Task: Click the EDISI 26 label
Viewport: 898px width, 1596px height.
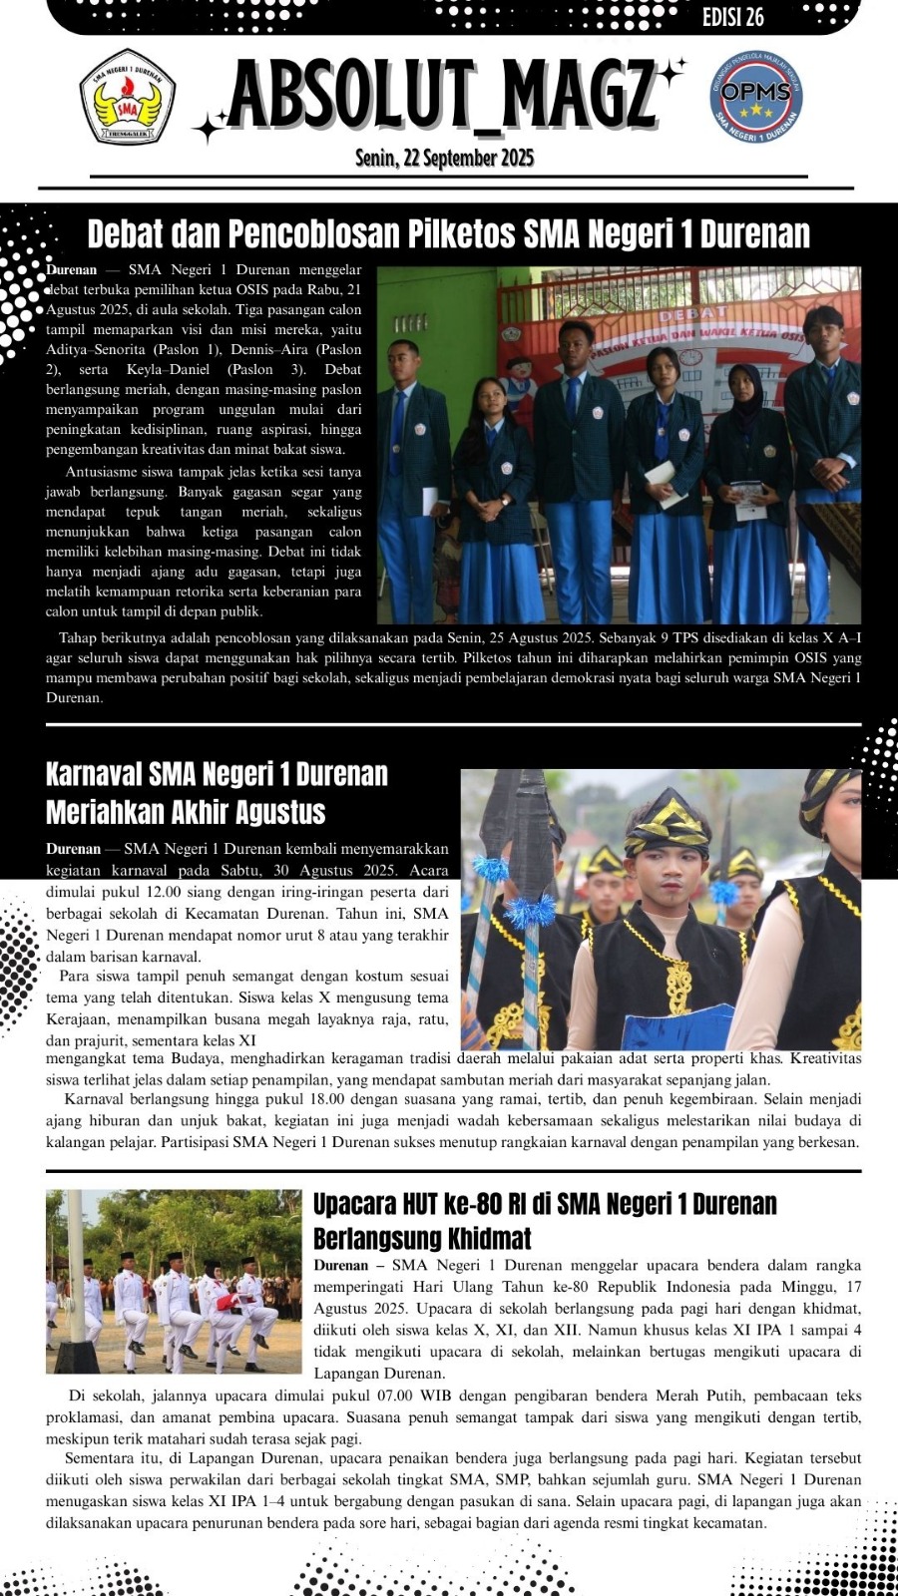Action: click(732, 17)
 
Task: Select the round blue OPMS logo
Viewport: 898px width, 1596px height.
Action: click(756, 96)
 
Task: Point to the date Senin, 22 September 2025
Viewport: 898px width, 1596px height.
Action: click(444, 158)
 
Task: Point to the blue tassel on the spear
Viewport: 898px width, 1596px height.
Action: click(529, 910)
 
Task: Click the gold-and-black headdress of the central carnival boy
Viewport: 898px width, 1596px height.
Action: click(669, 820)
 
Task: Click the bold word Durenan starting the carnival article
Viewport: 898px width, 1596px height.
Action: click(73, 849)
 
